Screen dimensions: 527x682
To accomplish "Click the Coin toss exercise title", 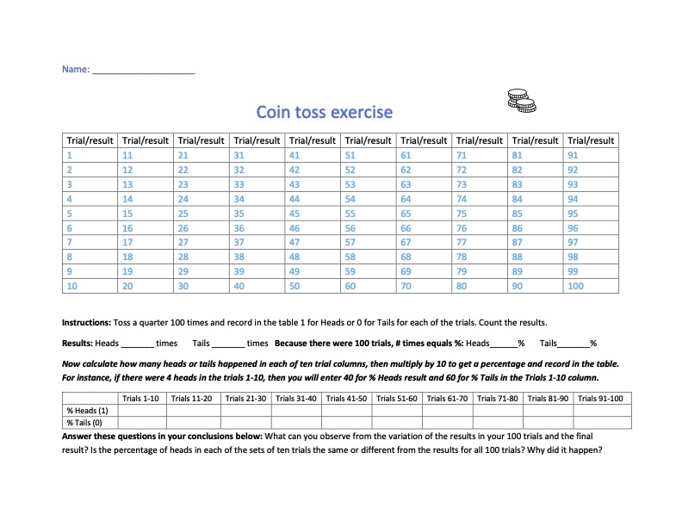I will [x=324, y=112].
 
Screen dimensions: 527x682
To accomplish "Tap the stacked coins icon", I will [x=521, y=100].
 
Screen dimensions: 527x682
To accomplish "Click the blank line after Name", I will [x=143, y=70].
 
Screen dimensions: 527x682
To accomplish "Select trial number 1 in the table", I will [x=69, y=156].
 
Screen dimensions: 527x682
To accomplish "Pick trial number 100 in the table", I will [x=576, y=287].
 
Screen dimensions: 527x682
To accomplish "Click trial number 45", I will [x=294, y=214].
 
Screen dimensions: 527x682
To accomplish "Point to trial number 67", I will [x=406, y=244].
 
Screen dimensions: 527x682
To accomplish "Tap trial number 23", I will [x=183, y=185].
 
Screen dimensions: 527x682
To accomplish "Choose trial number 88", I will [x=518, y=257].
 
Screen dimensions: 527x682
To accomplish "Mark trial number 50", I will [x=294, y=287].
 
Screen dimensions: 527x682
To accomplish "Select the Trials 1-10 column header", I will [x=141, y=398].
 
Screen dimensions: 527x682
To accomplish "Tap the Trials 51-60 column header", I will [x=396, y=398].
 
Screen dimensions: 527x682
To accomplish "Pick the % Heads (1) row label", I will [x=87, y=411].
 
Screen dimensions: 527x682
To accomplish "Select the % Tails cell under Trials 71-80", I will [x=499, y=423].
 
